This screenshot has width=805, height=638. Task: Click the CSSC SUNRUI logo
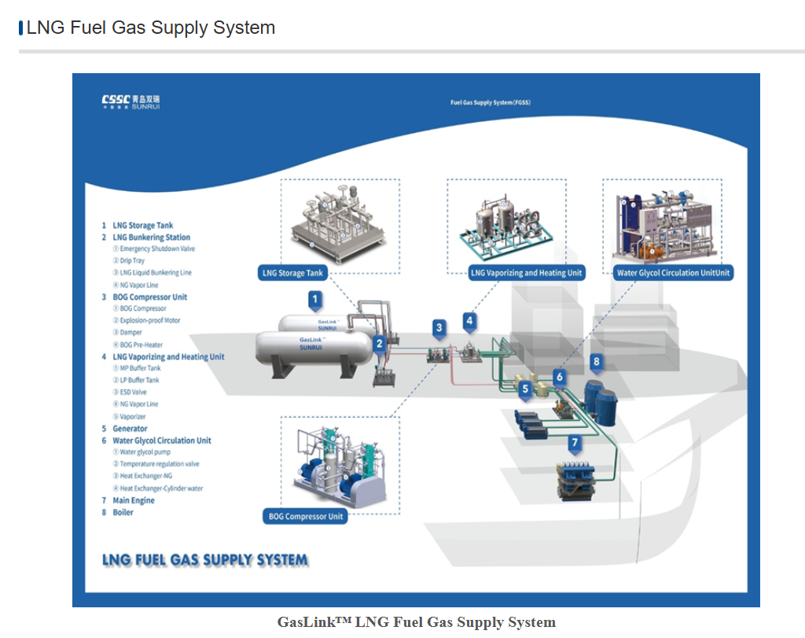coord(130,101)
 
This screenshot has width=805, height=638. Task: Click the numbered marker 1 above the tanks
coord(315,299)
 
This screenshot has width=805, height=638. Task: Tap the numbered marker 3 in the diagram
coord(439,327)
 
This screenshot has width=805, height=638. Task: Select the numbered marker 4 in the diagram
coord(469,320)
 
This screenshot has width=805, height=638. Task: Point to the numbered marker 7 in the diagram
coord(575,443)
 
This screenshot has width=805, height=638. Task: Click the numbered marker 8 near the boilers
coord(597,362)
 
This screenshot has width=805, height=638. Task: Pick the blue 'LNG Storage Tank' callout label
coord(292,273)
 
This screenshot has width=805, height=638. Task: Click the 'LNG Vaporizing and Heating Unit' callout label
coord(527,273)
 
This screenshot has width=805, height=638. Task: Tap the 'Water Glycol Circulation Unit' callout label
coord(673,273)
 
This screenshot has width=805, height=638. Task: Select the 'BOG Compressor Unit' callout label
coord(306,517)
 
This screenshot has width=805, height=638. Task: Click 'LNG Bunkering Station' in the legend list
coord(151,237)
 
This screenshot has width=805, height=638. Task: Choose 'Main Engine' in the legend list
coord(133,500)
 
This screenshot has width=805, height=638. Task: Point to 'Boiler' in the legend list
coord(123,512)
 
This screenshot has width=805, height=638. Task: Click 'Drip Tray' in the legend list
coord(132,260)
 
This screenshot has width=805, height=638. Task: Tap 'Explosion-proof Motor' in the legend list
coord(149,320)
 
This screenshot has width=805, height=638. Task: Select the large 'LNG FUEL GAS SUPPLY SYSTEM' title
coord(205,560)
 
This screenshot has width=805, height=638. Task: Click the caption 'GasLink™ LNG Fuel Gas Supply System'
coord(416,622)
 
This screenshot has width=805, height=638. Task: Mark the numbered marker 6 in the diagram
coord(560,377)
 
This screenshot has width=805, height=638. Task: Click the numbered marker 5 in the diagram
coord(525,389)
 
